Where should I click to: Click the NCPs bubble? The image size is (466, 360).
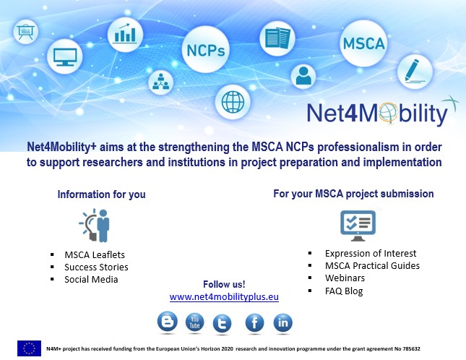coord(205,49)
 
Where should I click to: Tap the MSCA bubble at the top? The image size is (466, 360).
coord(363,43)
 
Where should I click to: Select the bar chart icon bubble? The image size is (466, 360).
coord(125,35)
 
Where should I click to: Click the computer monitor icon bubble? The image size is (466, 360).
coord(65,56)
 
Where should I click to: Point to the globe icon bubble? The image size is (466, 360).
coord(233,102)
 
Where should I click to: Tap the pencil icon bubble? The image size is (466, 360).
coord(415,72)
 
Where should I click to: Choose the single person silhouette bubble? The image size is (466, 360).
coord(303,77)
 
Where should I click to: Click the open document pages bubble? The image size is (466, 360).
coord(277,38)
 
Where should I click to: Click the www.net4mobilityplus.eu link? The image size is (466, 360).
coord(224,296)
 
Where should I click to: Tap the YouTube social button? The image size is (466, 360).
coord(194,322)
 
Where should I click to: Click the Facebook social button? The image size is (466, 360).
coord(254,322)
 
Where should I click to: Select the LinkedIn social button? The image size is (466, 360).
coord(282,322)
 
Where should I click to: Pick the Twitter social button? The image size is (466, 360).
coord(222,323)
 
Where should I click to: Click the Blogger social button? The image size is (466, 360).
coord(168,321)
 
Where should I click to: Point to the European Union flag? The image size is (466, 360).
coord(29,348)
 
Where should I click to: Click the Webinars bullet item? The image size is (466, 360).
coord(345,278)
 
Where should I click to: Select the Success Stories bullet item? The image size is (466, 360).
coord(96,267)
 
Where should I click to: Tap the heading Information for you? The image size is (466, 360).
coord(101,194)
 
